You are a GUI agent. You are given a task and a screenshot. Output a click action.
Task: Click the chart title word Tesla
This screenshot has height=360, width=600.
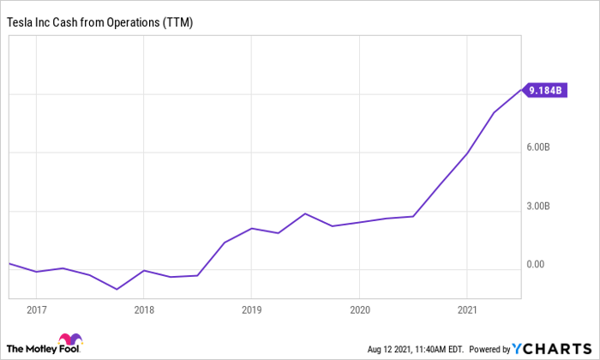19,22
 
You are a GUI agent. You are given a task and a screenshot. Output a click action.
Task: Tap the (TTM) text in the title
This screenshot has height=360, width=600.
177,22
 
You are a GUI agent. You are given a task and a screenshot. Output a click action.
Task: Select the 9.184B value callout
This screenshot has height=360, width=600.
545,90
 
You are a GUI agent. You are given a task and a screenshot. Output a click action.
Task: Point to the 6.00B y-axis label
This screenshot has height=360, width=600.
538,147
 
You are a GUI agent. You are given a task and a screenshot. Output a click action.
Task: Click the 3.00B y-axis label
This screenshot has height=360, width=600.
538,206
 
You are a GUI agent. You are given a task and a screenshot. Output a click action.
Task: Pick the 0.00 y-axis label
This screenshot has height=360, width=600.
536,264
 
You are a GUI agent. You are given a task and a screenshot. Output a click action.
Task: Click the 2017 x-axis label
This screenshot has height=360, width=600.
37,310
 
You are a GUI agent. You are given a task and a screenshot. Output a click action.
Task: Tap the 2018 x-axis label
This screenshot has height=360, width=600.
144,310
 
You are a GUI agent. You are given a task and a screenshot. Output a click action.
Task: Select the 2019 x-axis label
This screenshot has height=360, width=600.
251,310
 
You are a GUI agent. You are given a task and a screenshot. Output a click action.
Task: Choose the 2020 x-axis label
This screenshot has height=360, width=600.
360,310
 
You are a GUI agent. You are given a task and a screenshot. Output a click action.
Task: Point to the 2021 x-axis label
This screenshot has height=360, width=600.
467,310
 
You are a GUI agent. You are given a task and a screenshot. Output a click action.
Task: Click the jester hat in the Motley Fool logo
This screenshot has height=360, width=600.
70,339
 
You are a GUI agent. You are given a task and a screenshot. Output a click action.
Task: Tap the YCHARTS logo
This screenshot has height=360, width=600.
552,349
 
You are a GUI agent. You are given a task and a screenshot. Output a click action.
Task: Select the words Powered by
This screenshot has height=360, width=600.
489,350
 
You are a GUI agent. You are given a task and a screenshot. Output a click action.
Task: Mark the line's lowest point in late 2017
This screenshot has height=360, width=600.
117,289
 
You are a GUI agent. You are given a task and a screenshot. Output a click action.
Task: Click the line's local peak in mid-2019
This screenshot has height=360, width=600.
305,213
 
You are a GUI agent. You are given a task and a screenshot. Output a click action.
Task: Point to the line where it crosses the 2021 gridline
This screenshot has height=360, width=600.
467,153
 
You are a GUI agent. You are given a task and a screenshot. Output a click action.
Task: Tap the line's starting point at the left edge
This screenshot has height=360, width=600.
9,263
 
